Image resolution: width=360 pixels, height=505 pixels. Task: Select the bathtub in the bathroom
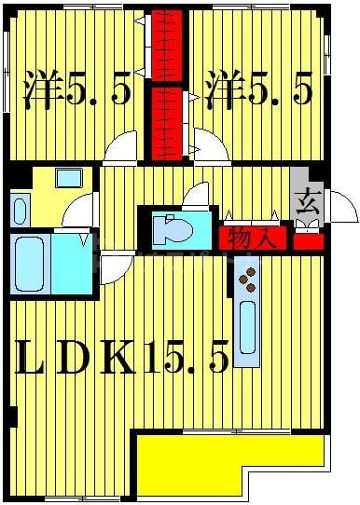click(31, 265)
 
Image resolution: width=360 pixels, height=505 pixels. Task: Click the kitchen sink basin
click(247, 331)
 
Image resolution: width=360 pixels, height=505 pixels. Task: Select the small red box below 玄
click(307, 242)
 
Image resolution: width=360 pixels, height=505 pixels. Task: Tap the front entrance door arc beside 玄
click(343, 206)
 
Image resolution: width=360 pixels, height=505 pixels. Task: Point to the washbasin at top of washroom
click(67, 178)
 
